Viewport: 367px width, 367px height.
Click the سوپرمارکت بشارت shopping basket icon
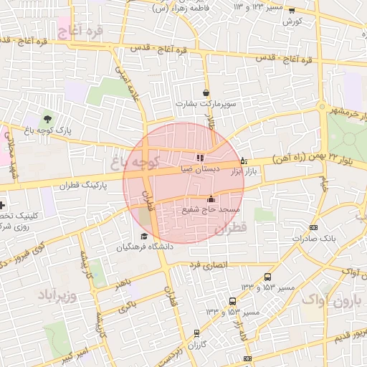pyautogui.click(x=206, y=92)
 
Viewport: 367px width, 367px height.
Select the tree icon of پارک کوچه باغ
pyautogui.click(x=48, y=118)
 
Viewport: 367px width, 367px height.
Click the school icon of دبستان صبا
pyautogui.click(x=200, y=158)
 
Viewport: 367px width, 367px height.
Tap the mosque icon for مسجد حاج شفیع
pyautogui.click(x=211, y=199)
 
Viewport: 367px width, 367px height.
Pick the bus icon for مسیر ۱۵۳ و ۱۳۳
pyautogui.click(x=267, y=277)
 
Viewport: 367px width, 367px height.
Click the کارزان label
pyautogui.click(x=197, y=345)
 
